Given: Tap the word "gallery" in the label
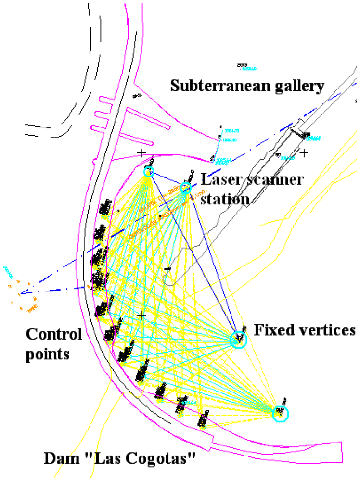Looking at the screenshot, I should (299, 87).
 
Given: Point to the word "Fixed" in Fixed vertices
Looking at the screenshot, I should (272, 329).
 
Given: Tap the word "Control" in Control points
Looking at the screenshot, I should (54, 334).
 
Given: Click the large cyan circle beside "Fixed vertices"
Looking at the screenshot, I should (238, 340).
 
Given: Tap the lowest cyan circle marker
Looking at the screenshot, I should (280, 413).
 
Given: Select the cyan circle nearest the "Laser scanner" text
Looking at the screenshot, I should (186, 188).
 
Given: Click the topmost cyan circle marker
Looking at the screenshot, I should (148, 172).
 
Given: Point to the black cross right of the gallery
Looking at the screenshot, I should (304, 153).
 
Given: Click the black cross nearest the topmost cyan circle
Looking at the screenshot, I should (141, 153).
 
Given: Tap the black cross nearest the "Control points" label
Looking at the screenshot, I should (141, 315).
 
